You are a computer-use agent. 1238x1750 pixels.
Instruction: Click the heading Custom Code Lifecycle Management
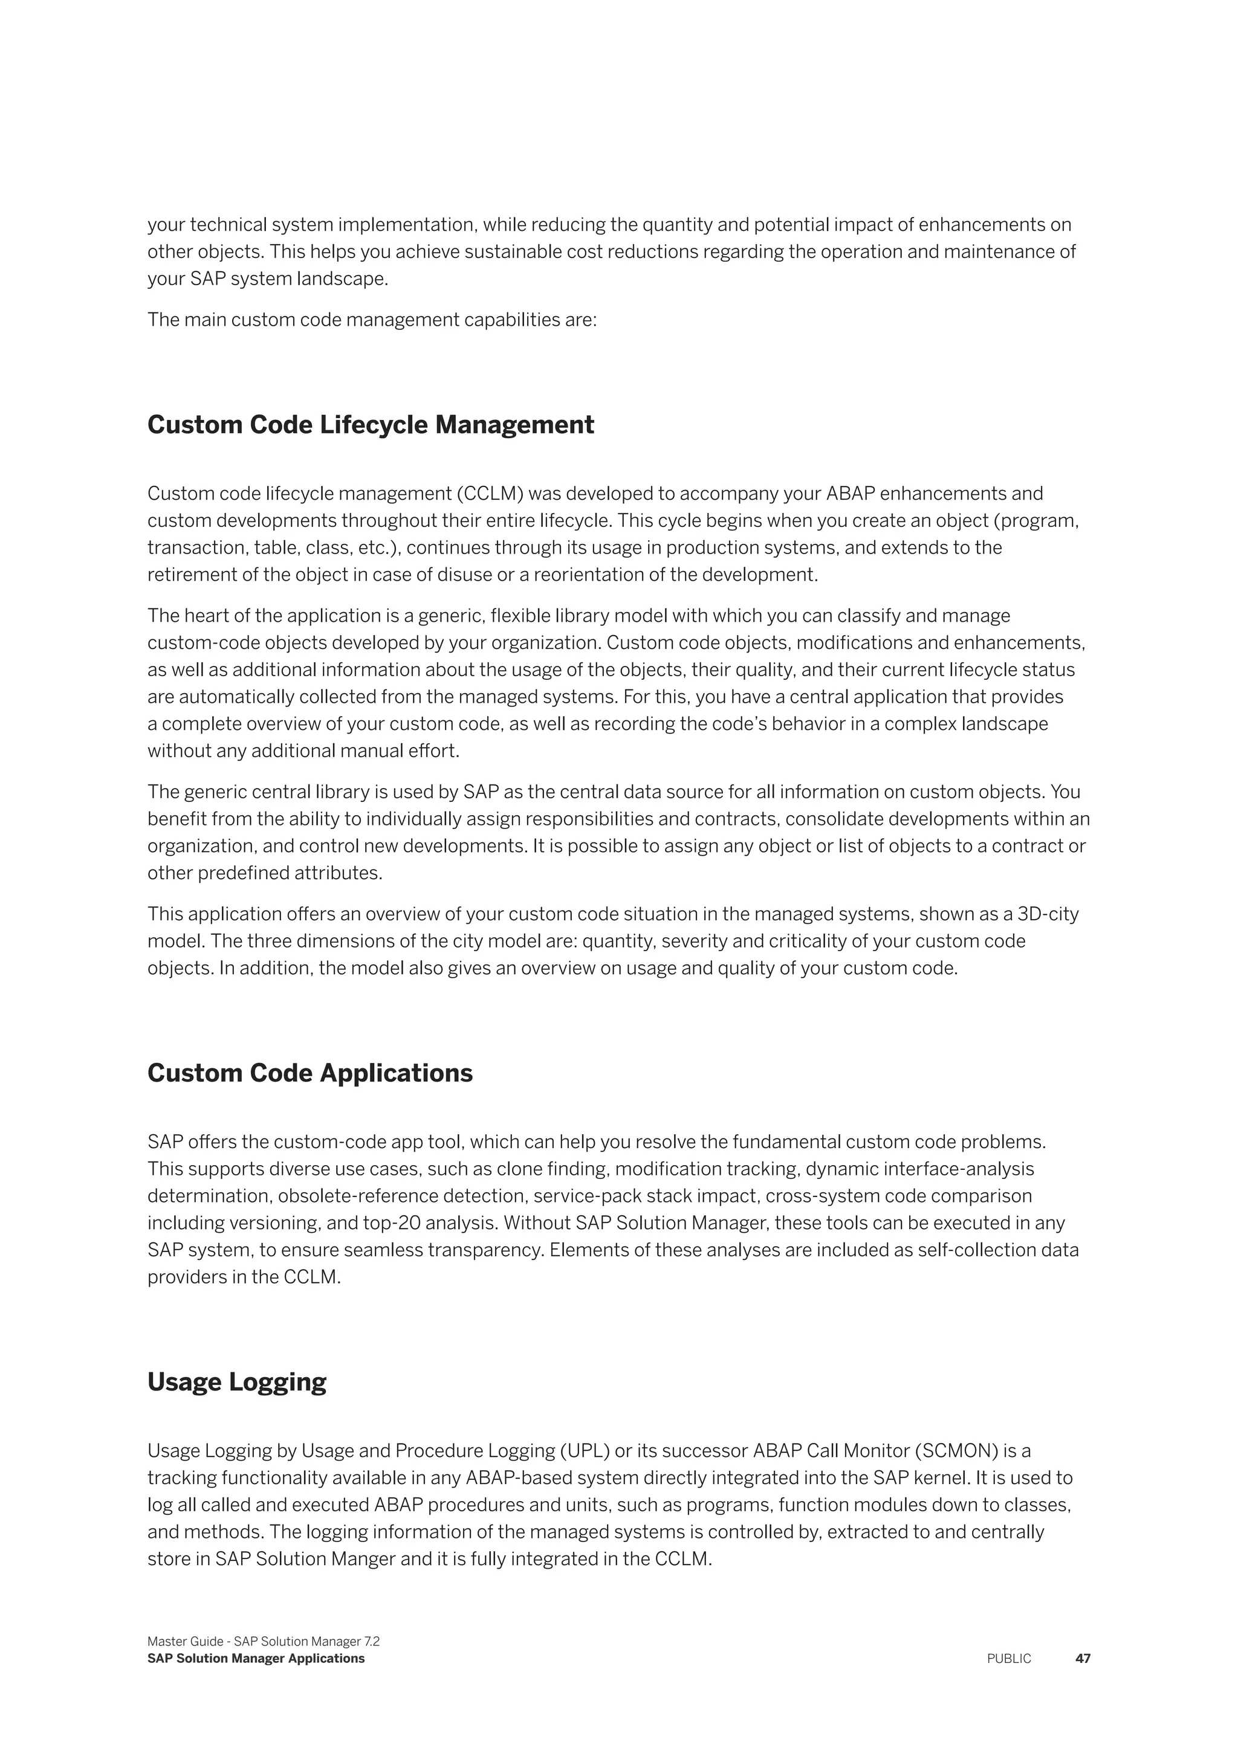pos(371,425)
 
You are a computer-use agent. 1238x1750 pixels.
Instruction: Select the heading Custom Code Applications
pos(309,1073)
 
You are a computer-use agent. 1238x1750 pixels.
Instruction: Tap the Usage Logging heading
pos(236,1382)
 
